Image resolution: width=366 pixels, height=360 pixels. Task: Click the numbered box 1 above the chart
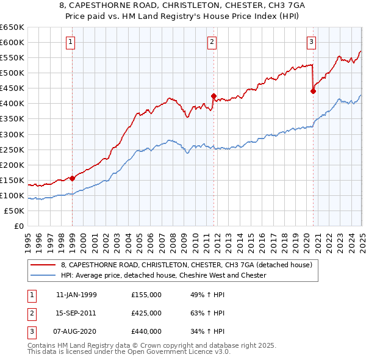point(71,42)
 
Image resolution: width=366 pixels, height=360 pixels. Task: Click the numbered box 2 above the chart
point(212,42)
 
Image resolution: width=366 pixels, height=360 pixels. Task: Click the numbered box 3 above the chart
point(311,42)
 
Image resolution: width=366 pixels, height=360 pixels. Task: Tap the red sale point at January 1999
point(73,178)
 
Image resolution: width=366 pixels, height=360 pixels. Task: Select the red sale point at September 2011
point(213,96)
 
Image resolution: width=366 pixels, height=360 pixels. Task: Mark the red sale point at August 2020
point(313,91)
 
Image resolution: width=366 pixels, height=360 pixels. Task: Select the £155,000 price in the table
point(146,295)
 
